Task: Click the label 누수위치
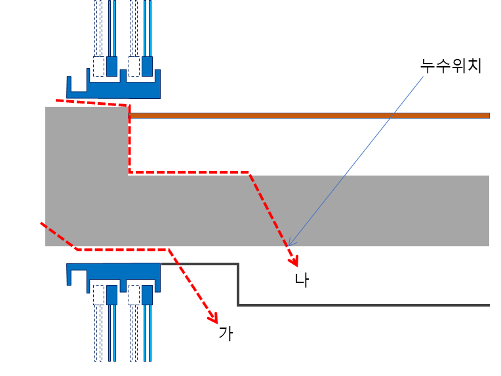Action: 451,66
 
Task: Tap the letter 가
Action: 226,333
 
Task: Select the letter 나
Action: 302,280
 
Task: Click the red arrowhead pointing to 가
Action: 213,318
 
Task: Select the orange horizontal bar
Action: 308,115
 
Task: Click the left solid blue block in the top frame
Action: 111,66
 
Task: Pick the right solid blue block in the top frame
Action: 147,66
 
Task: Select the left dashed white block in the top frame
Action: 99,66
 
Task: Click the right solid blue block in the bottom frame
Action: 147,295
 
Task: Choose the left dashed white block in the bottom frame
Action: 99,295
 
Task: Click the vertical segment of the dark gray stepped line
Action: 238,284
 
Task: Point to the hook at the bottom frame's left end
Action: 70,275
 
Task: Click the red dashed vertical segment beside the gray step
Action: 130,141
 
